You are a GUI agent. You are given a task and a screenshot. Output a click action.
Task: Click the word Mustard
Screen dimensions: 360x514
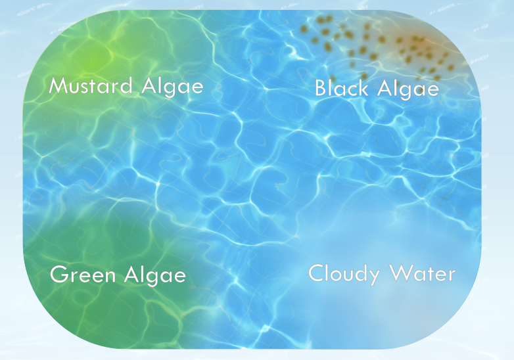tap(91, 85)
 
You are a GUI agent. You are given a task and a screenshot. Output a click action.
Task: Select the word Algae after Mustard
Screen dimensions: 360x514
tap(170, 87)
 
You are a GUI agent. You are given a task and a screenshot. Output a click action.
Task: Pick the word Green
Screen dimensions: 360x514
tap(82, 275)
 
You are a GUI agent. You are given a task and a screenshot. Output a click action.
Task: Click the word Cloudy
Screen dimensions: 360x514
tap(344, 273)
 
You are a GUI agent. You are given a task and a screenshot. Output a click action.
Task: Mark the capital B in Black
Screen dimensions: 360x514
tap(320, 88)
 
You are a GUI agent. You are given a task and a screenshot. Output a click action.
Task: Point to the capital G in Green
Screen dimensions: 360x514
tap(58, 275)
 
